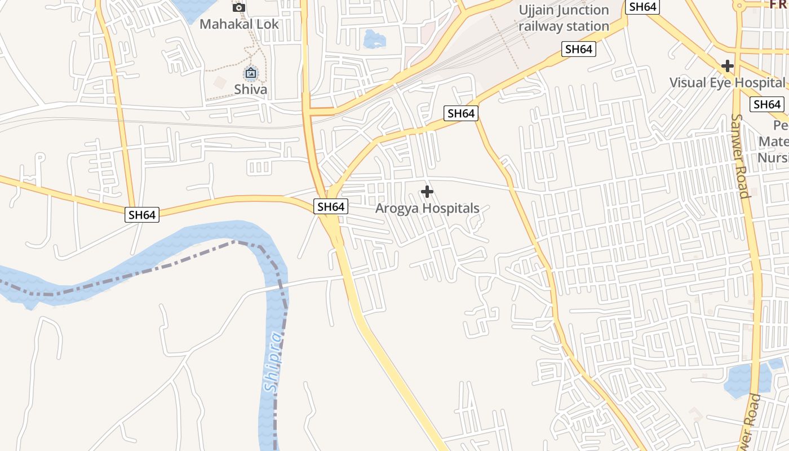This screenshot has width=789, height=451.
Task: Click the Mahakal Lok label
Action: [239, 24]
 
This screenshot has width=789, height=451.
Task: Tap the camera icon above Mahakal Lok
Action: [239, 7]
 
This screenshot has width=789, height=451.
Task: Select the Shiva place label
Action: [251, 89]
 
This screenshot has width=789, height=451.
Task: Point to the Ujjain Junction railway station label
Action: [564, 18]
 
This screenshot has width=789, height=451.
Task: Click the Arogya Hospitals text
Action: [427, 208]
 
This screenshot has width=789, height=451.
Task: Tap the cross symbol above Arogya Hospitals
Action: [427, 192]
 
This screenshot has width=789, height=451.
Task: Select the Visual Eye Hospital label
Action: [727, 82]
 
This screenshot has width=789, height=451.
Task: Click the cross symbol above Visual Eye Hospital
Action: [728, 66]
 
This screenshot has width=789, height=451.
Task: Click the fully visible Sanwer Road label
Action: [739, 156]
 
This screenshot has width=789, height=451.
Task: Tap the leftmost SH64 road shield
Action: [142, 214]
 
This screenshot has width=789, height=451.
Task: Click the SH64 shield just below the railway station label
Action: [579, 49]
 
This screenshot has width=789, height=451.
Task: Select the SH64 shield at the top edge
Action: [643, 7]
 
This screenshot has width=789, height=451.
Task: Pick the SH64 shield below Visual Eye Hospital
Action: [767, 104]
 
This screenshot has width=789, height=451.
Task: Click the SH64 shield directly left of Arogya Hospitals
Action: [331, 206]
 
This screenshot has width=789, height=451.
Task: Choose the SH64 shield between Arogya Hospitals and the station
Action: [461, 113]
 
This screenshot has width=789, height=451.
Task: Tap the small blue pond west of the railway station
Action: [375, 40]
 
